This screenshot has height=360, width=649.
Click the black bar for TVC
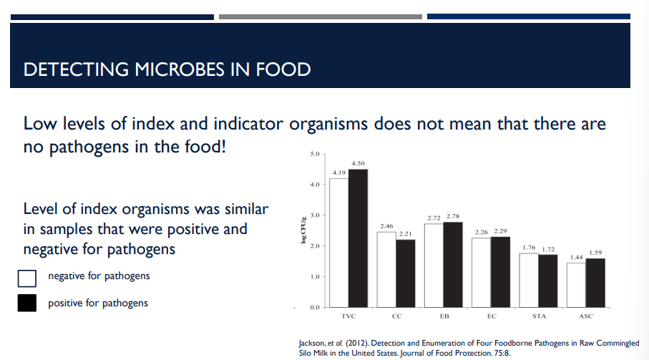pyautogui.click(x=358, y=238)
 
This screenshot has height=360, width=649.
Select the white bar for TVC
pyautogui.click(x=338, y=243)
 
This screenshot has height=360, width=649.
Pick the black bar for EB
pyautogui.click(x=453, y=265)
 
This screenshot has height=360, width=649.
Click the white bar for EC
pyautogui.click(x=481, y=273)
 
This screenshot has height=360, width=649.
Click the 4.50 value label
pyautogui.click(x=358, y=164)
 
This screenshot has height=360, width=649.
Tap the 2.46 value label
pyautogui.click(x=386, y=226)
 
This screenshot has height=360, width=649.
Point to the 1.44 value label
pyautogui.click(x=576, y=257)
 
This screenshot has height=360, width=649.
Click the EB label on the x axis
pyautogui.click(x=444, y=316)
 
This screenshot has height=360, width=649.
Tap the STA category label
pyautogui.click(x=539, y=316)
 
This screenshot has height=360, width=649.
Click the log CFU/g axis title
pyautogui.click(x=303, y=231)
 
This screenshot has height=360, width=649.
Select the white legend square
pyautogui.click(x=27, y=278)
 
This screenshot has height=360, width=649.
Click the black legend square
pyautogui.click(x=27, y=303)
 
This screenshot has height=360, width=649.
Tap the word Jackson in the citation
pyautogui.click(x=311, y=343)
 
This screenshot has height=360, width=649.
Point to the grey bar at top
pyautogui.click(x=321, y=16)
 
